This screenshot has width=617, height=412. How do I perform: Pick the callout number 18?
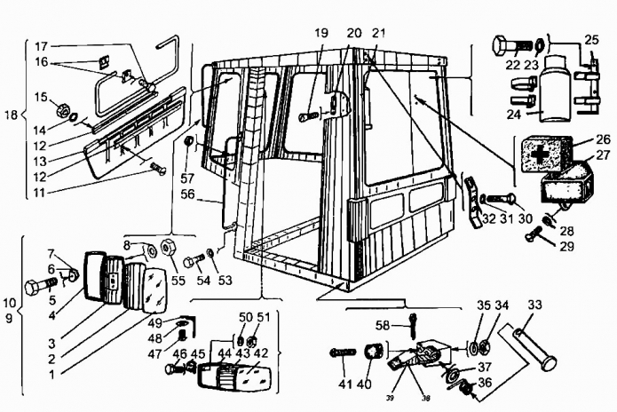(x=10, y=115)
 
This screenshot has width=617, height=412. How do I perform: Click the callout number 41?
(x=344, y=384)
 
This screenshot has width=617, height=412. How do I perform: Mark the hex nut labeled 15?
(x=65, y=112)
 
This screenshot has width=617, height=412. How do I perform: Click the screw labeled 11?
(x=156, y=168)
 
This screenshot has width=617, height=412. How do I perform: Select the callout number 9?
(x=9, y=318)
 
